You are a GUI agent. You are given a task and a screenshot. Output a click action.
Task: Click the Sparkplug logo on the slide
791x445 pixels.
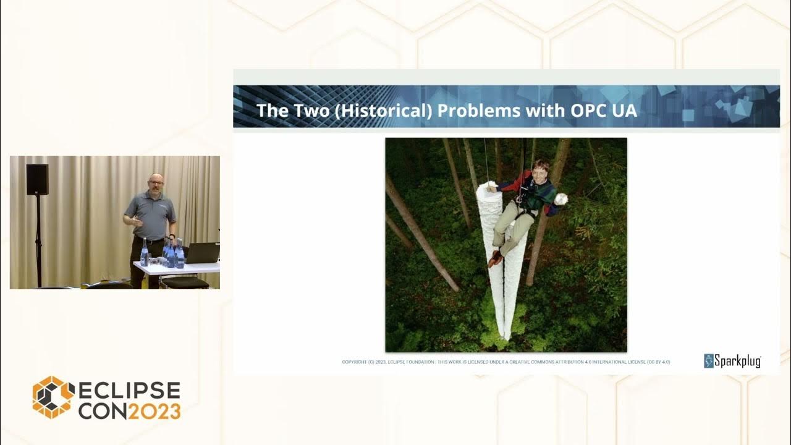732,361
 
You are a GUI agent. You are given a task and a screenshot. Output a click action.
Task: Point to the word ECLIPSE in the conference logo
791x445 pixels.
129,391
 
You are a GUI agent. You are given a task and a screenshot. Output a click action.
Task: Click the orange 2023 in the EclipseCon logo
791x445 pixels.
153,411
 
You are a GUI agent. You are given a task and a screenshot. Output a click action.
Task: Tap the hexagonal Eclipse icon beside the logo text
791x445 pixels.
53,397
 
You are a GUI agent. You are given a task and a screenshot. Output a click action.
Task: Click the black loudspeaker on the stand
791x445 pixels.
37,179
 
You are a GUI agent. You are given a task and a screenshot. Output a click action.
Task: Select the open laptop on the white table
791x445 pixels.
202,253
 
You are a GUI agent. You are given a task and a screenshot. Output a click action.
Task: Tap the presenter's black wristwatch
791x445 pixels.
171,235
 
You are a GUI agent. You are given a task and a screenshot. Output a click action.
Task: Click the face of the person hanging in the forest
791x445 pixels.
541,171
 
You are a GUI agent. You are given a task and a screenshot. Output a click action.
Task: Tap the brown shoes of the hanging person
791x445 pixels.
494,258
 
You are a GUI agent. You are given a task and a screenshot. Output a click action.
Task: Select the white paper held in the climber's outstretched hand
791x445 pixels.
560,199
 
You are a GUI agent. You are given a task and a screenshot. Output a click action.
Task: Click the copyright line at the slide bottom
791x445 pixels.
505,362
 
